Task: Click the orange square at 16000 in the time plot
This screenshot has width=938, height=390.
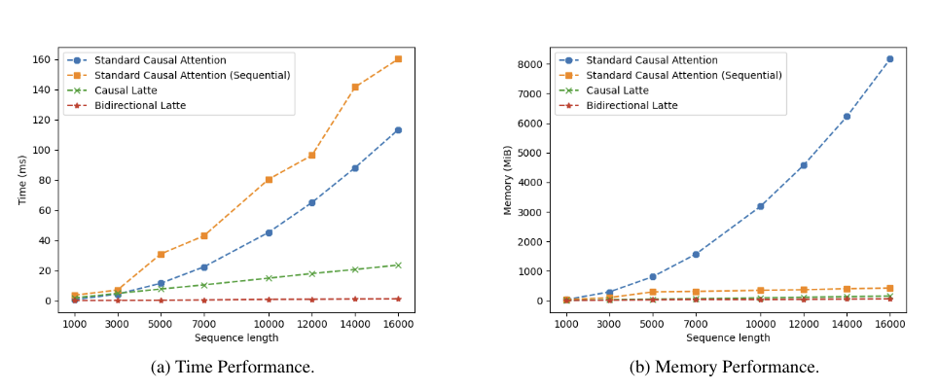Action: click(397, 59)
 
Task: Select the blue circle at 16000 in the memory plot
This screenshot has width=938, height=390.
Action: click(889, 59)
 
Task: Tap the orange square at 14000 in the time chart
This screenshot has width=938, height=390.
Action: click(355, 87)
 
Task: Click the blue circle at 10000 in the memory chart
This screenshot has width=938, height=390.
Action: click(760, 206)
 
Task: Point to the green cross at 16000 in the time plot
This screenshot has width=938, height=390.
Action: click(397, 265)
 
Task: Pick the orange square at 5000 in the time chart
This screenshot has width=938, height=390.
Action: click(161, 254)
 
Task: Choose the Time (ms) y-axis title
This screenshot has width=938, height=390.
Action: click(21, 180)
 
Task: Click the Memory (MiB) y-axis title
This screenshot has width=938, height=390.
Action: click(508, 180)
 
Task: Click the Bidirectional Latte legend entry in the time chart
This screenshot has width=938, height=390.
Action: click(140, 105)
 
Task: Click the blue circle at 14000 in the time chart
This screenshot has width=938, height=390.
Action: click(355, 168)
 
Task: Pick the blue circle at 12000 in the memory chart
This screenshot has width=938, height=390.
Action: click(803, 165)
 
